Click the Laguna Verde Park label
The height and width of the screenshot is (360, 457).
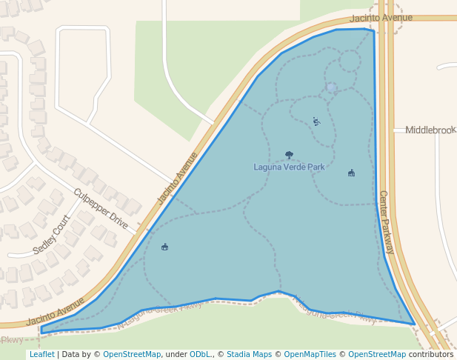pyautogui.click(x=289, y=167)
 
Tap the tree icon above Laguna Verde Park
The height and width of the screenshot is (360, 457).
pyautogui.click(x=289, y=155)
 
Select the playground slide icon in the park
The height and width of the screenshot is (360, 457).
pyautogui.click(x=316, y=121)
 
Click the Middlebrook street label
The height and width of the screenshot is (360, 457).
pyautogui.click(x=430, y=130)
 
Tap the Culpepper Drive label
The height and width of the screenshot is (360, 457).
pyautogui.click(x=101, y=208)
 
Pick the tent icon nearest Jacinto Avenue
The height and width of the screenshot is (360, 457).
pyautogui.click(x=164, y=247)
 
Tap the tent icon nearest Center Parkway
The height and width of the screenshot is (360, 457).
pyautogui.click(x=351, y=173)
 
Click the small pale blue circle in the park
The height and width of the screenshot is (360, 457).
pyautogui.click(x=331, y=89)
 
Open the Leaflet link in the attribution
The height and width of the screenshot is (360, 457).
pyautogui.click(x=41, y=354)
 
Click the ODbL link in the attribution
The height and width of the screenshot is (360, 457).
pyautogui.click(x=199, y=354)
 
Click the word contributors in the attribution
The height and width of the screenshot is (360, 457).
pyautogui.click(x=430, y=354)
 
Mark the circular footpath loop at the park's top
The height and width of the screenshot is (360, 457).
pyautogui.click(x=350, y=60)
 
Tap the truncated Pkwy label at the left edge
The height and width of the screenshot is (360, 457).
pyautogui.click(x=12, y=340)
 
